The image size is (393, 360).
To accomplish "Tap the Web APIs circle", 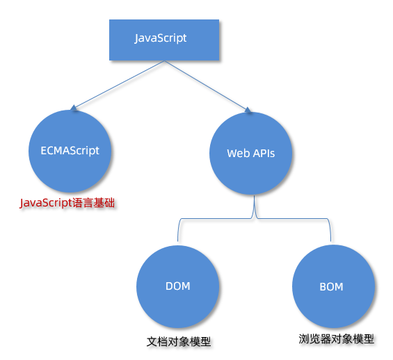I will point(251,153).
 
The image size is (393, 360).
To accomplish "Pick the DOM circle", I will point(178,286).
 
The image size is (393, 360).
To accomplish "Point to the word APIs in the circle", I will point(263,154).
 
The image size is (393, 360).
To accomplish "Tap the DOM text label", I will point(178,286).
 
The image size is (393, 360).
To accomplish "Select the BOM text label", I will point(331,286).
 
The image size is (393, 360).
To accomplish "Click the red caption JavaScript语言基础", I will point(67,204).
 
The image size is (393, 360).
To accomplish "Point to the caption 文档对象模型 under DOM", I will point(179,342).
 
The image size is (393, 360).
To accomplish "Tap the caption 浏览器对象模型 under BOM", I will point(337,339).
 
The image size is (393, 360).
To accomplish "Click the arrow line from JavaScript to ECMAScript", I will point(118,85).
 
